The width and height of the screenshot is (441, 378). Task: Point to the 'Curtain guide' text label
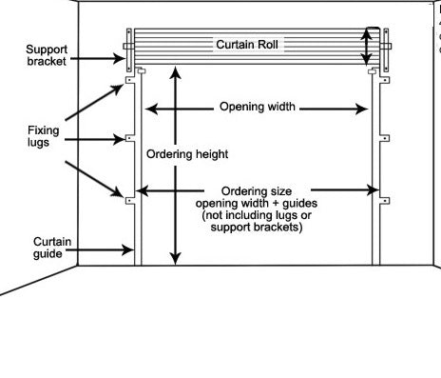[x=48, y=248]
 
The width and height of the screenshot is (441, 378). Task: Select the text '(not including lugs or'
[x=251, y=215]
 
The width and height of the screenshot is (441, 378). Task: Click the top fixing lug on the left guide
[x=129, y=84]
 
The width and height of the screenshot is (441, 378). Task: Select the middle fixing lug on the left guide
[x=129, y=140]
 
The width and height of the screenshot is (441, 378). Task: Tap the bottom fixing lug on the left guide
[x=129, y=199]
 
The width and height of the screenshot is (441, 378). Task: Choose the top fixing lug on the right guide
[x=385, y=84]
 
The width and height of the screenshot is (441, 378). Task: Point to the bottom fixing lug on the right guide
[x=385, y=200]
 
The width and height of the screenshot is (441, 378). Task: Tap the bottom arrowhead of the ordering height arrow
[x=174, y=257]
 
